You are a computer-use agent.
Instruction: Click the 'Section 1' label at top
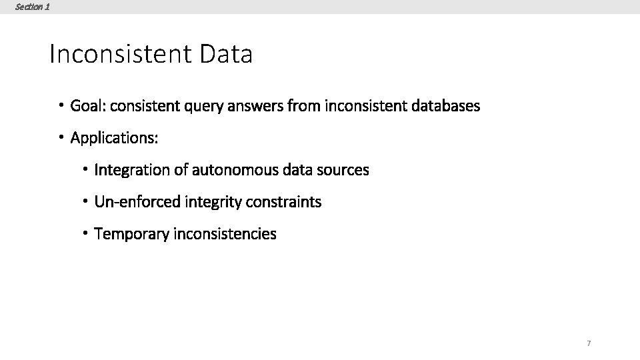[x=32, y=7]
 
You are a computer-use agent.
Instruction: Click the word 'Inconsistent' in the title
[x=121, y=54]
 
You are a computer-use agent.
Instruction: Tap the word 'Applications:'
[x=115, y=138]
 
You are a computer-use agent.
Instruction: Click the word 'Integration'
[x=132, y=170]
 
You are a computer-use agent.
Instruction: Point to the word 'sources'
[x=343, y=170]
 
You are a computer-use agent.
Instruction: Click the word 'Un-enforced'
[x=138, y=202]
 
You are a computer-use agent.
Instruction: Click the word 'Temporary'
[x=132, y=234]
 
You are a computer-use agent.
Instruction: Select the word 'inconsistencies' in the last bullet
[x=225, y=234]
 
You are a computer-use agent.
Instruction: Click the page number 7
[x=589, y=343]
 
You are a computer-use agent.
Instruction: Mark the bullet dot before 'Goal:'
[x=60, y=105]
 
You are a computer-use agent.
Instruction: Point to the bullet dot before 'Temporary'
[x=85, y=233]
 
